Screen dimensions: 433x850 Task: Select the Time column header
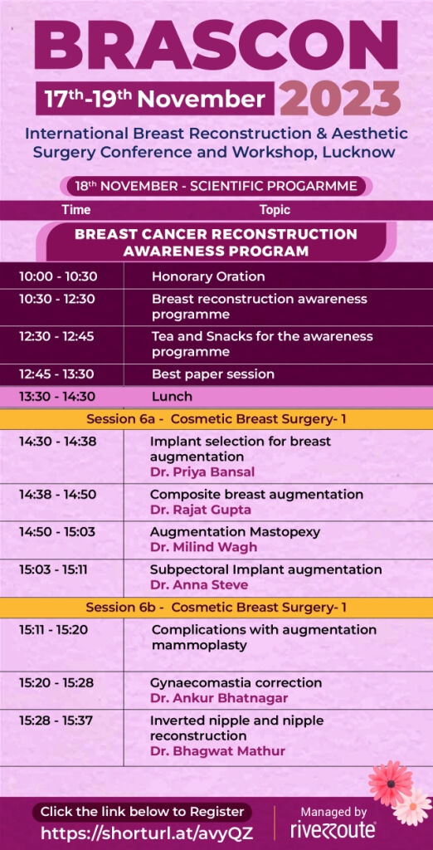76,210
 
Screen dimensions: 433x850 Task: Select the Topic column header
275,210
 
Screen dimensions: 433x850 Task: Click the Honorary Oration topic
208,276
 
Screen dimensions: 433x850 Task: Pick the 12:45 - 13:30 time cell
56,374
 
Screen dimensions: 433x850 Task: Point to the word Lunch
172,396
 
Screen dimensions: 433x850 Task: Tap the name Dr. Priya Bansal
202,471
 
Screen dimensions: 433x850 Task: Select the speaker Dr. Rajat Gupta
201,510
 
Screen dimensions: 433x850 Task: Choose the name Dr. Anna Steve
199,585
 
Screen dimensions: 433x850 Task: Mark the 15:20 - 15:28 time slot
56,682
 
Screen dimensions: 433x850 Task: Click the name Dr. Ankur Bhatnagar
219,697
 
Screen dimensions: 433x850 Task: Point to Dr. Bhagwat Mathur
217,750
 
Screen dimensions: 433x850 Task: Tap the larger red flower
390,783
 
